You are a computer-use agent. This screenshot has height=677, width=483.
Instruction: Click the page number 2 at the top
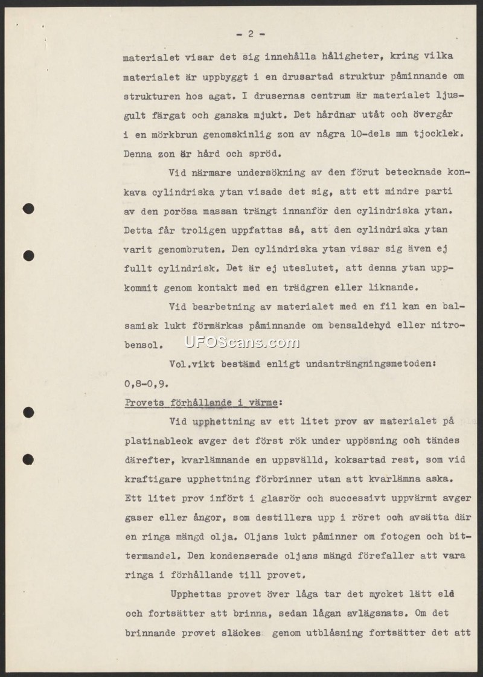[250, 34]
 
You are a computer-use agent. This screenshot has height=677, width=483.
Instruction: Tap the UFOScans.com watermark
[241, 342]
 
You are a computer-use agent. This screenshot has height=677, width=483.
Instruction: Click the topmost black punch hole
[28, 209]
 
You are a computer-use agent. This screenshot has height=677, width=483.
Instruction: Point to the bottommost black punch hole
[28, 460]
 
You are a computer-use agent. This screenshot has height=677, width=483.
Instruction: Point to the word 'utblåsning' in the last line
[328, 633]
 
